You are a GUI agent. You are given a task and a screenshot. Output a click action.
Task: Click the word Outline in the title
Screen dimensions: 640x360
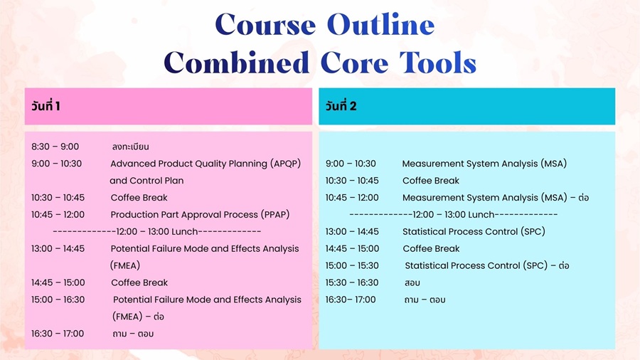380,24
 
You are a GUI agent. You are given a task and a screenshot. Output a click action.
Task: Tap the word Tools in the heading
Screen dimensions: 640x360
438,63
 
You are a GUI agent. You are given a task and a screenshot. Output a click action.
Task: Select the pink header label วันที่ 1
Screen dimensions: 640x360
46,106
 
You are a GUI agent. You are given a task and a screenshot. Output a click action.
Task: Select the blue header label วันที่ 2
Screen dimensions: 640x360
341,106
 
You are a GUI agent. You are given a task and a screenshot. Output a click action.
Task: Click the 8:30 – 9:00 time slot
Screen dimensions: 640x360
55,147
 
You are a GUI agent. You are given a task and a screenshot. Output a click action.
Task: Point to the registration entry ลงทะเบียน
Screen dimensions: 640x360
130,147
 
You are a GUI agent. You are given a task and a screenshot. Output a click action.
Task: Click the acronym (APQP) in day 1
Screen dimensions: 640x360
285,164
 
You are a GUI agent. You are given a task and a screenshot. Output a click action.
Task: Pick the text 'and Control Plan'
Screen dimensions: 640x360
146,181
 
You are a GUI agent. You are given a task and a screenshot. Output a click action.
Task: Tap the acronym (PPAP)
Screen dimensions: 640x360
275,215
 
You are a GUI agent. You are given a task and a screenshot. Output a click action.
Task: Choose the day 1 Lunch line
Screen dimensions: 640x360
157,232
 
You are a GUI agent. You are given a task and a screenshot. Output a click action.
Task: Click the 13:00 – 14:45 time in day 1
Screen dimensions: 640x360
58,248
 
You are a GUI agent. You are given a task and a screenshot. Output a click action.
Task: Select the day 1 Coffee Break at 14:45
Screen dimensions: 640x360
139,282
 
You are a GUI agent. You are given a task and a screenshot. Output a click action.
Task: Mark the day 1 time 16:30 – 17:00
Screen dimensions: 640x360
58,334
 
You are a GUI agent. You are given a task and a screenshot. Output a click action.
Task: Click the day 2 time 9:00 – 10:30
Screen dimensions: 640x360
351,164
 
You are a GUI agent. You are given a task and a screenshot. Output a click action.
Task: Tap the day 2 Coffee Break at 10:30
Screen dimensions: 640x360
431,181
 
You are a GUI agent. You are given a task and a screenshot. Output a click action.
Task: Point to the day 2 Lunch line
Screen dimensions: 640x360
454,215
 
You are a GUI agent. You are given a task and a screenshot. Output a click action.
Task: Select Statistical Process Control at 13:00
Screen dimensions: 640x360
460,231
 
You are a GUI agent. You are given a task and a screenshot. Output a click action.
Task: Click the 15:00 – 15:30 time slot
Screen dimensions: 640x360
352,265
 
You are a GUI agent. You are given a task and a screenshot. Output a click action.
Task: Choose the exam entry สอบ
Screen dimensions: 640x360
412,282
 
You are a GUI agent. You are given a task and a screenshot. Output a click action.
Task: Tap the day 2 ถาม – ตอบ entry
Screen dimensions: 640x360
425,300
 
